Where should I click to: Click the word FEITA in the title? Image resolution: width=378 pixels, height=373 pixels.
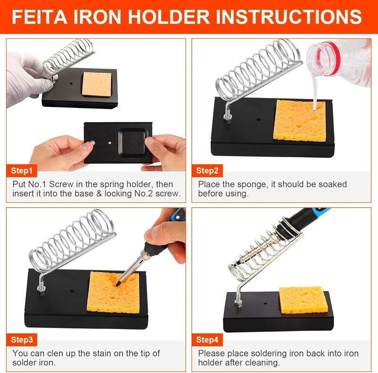39,17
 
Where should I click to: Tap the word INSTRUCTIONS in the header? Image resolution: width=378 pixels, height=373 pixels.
289,17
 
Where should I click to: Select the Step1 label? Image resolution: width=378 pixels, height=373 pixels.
22,171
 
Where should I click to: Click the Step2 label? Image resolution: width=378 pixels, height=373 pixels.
207,171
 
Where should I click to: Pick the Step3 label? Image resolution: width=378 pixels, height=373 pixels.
22,340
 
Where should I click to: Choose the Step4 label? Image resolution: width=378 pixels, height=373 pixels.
207,340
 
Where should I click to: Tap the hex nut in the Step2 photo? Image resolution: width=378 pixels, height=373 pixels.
227,117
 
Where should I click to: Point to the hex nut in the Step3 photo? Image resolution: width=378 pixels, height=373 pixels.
41,288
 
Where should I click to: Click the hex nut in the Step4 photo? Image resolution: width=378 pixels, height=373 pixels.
239,302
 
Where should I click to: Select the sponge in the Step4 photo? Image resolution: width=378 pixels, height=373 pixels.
303,300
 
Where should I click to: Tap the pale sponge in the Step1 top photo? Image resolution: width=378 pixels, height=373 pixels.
97,84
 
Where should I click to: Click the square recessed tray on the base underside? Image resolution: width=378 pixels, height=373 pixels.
133,142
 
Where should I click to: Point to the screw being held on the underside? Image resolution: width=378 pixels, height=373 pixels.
92,143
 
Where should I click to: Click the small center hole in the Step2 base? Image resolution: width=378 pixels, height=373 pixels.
258,120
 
